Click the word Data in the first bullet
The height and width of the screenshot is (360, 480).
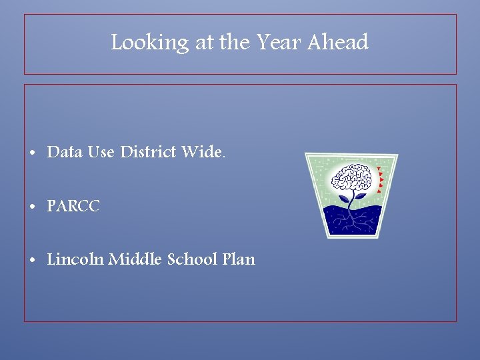[65, 153]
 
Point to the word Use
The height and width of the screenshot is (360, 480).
[101, 153]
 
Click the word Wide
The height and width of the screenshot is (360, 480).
[201, 153]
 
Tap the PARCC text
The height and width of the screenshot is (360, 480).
[73, 207]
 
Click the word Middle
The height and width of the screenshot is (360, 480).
[131, 259]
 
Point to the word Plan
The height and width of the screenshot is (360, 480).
[239, 259]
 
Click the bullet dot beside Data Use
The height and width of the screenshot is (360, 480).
[33, 153]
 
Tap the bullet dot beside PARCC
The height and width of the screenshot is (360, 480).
[33, 207]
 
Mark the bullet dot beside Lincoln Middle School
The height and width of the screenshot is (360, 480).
[33, 260]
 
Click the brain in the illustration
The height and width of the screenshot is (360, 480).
[351, 178]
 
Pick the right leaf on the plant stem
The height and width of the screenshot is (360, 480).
[359, 196]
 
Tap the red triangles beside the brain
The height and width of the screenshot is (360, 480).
[380, 180]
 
